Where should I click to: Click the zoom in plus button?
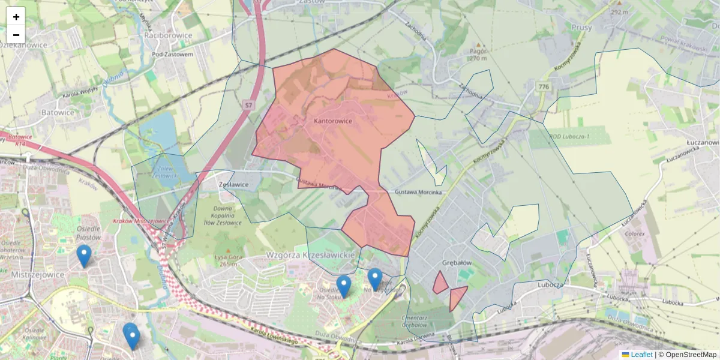click(x=16, y=17)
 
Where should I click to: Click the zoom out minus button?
click(x=16, y=34)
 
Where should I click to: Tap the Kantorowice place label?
click(x=332, y=121)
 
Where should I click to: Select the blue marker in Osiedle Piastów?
click(x=84, y=256)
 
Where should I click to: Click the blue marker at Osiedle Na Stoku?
click(x=344, y=286)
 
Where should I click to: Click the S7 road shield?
click(x=248, y=106)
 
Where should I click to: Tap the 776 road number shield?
click(x=544, y=87)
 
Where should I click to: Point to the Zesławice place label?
click(x=235, y=185)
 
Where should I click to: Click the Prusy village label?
click(x=582, y=27)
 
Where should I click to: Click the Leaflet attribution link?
click(x=641, y=355)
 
